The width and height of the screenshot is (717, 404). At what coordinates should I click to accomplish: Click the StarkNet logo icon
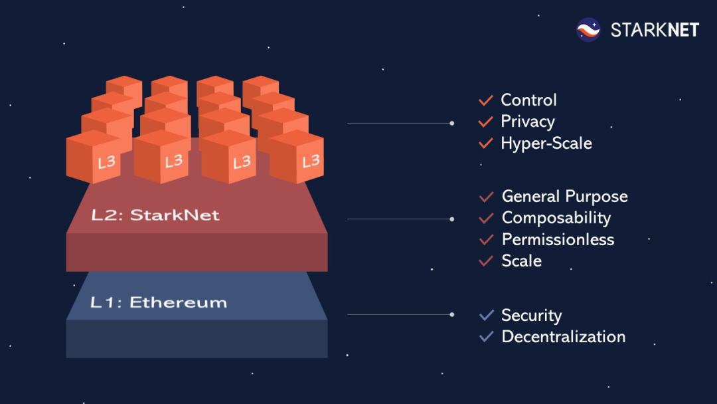588,30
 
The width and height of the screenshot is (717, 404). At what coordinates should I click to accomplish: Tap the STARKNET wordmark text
655,30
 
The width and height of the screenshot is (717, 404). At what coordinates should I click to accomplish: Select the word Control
528,100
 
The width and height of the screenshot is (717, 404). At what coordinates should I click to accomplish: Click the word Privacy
527,122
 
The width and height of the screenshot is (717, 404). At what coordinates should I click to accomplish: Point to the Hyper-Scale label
546,143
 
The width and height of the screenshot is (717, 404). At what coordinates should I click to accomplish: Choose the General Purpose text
564,197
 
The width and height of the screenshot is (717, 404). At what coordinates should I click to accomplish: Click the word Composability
556,218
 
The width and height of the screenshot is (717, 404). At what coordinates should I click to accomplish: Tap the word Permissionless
558,239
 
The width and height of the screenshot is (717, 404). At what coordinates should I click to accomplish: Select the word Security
531,315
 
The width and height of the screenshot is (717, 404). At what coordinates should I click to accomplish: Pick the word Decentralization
563,336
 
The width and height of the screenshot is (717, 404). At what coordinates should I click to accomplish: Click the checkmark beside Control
485,100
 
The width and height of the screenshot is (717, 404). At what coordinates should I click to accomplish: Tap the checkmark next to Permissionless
486,239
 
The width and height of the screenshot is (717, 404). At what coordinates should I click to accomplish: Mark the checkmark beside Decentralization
486,336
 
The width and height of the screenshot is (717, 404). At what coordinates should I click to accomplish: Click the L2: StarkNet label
155,215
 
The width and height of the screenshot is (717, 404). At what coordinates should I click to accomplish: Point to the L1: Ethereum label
158,303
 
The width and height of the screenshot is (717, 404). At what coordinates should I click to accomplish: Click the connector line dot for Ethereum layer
452,314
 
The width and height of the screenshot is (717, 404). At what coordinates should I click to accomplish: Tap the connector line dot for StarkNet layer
452,219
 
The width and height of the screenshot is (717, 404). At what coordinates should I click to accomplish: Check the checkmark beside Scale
486,261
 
